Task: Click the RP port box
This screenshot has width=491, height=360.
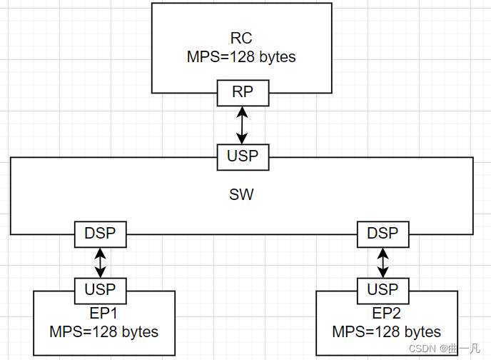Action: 243,92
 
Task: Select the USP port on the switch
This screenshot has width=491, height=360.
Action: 243,156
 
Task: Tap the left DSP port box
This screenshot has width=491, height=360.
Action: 101,233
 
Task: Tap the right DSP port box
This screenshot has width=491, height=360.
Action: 383,233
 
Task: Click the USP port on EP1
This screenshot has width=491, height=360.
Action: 101,290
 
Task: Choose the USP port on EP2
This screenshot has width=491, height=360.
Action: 383,290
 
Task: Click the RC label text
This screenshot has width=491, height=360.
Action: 242,39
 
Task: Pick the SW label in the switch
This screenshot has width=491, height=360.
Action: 243,194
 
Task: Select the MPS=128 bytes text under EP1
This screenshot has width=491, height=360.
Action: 103,331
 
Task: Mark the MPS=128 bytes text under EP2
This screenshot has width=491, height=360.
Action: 386,331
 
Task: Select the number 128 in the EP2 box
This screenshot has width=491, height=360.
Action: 386,331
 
